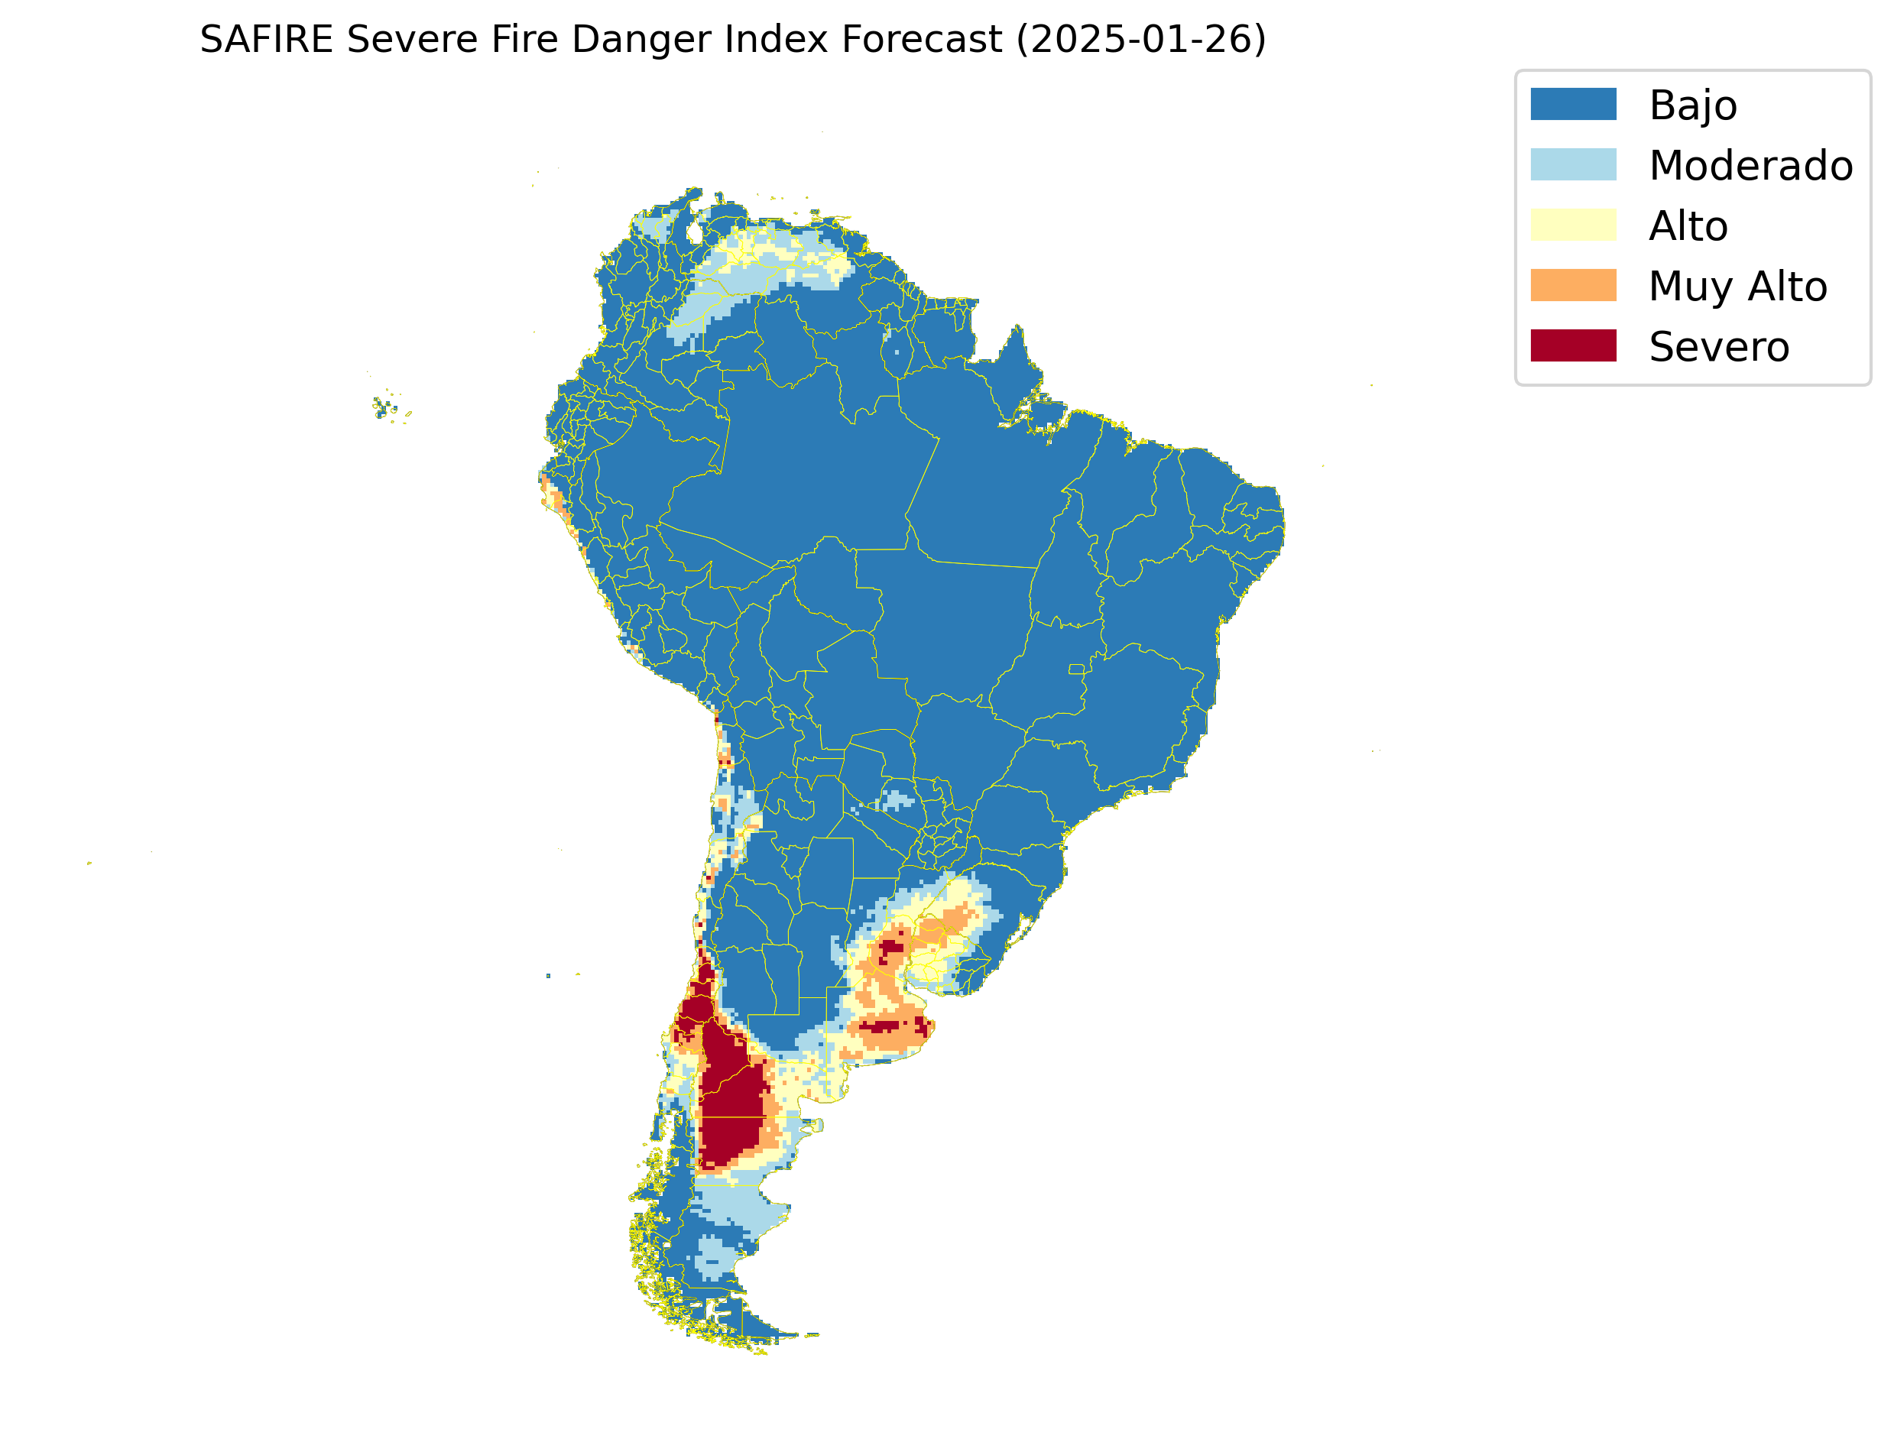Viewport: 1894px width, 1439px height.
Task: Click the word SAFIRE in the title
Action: pos(265,40)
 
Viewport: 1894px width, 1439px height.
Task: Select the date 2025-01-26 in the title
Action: pos(1140,40)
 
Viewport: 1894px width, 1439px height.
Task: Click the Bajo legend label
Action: pos(1693,105)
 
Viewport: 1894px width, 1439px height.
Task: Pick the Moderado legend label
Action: pos(1750,165)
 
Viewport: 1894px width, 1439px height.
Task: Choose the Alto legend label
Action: pos(1688,226)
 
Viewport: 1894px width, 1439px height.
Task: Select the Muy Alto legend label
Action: pos(1737,286)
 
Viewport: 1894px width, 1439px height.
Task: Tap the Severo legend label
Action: pos(1718,347)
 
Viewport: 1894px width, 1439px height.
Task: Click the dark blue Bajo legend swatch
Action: pos(1573,104)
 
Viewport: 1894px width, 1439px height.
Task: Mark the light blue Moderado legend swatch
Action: pos(1573,164)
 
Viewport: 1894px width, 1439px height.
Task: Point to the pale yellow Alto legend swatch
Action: pos(1573,225)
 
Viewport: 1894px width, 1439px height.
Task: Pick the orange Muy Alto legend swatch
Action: pos(1573,285)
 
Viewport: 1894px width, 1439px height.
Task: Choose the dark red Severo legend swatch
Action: pos(1573,345)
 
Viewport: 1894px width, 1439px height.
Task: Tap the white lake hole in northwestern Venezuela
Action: pos(695,232)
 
